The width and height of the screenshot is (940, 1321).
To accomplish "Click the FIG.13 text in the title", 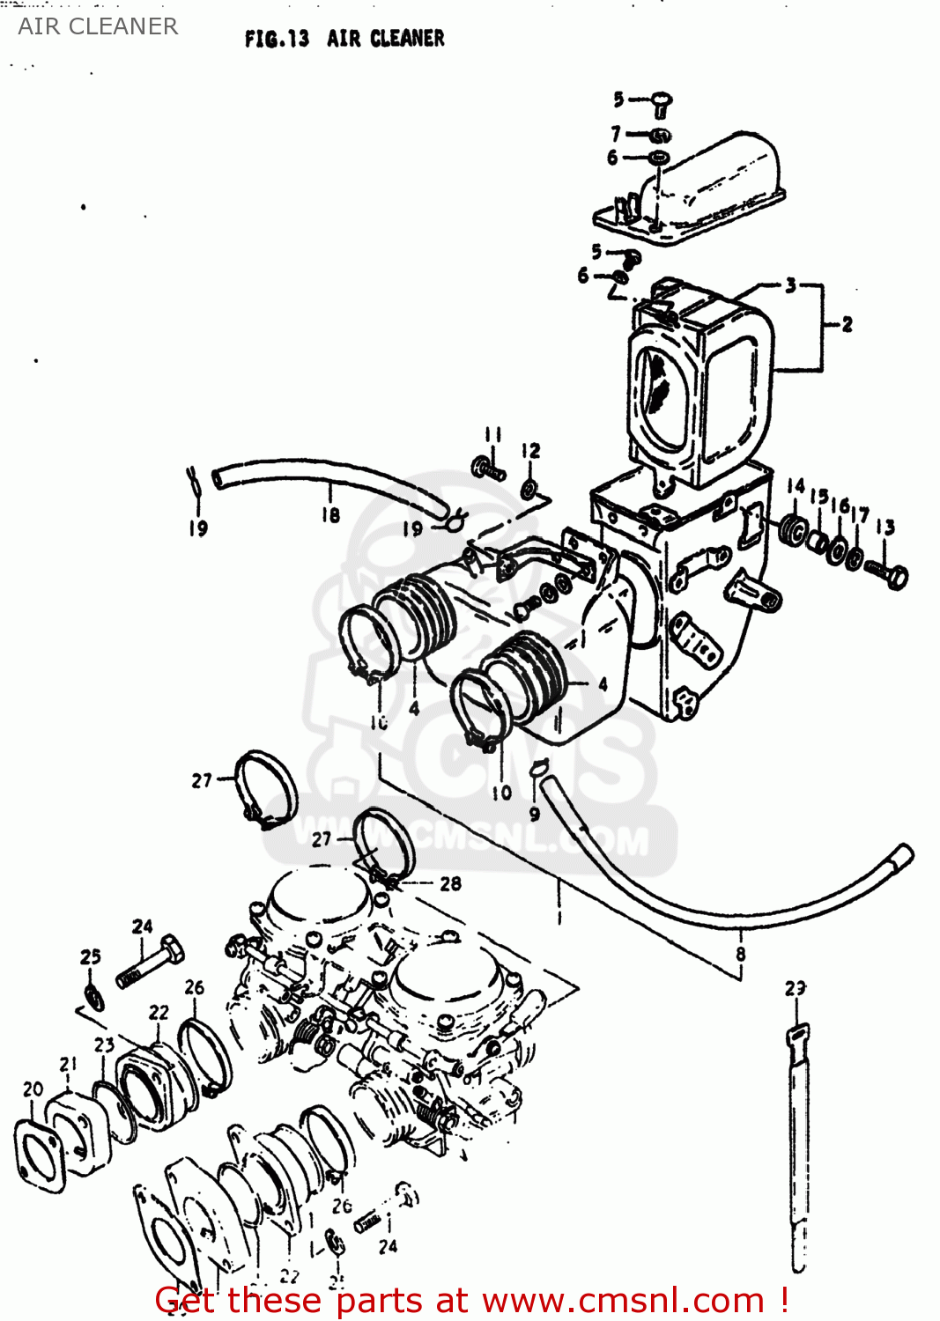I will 277,39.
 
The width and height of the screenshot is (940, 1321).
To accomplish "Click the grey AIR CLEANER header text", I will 98,26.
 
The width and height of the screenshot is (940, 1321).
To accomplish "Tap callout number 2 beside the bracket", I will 847,324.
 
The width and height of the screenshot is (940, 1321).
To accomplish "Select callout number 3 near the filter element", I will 790,285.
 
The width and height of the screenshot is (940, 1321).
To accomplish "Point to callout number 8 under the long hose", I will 740,954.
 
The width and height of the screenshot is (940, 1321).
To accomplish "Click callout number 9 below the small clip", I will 534,815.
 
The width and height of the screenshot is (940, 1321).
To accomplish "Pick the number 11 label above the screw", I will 492,434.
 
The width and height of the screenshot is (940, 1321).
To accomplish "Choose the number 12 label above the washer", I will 530,451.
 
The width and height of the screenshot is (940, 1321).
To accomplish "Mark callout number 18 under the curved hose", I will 330,514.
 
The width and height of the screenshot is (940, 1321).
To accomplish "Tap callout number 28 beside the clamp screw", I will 450,883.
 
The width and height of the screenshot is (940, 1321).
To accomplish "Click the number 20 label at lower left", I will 33,1089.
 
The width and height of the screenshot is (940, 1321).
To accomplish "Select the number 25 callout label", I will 91,956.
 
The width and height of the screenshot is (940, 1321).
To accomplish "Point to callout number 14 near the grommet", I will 796,486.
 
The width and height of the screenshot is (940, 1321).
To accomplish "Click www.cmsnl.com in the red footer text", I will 623,1300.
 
